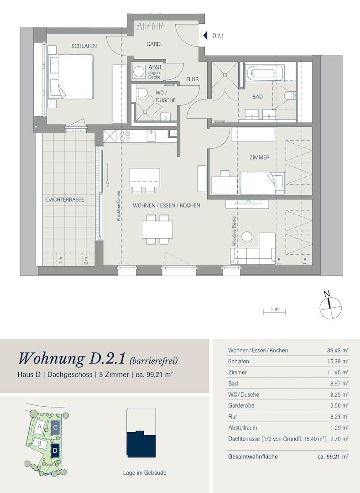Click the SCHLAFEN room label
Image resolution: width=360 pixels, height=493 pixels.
click(83, 46)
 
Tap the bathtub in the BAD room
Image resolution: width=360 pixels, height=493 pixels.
click(265, 73)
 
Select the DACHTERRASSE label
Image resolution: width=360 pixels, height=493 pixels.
click(64, 199)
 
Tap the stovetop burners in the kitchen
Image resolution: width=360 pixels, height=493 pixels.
click(124, 136)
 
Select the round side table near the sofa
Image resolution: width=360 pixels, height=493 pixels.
click(247, 237)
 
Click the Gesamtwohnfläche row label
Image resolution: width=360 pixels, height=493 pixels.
click(252, 456)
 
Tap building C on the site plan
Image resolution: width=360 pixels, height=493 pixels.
click(55, 428)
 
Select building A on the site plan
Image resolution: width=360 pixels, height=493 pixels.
click(40, 427)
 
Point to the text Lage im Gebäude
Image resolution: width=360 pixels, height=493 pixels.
click(144, 473)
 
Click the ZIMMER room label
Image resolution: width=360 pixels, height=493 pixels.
click(259, 157)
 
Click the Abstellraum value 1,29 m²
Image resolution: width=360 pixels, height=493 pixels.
click(338, 427)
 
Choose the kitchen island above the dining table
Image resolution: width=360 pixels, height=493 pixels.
click(144, 175)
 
